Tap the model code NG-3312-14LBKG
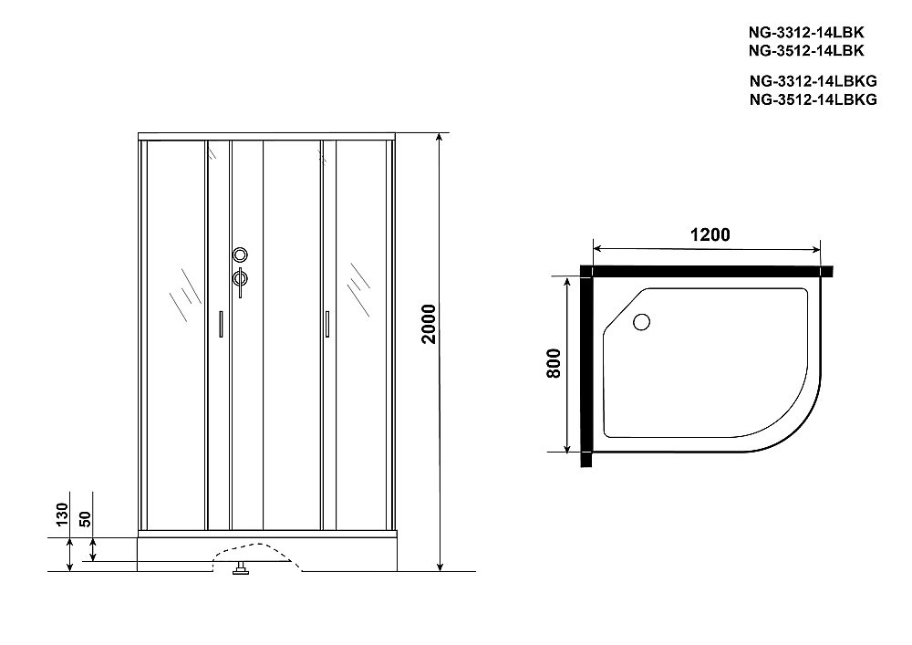(812, 81)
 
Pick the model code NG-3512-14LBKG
(812, 100)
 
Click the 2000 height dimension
(430, 325)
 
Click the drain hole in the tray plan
(641, 321)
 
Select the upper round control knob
(240, 255)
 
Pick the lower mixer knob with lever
(240, 279)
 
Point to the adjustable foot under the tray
(242, 572)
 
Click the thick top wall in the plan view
(707, 271)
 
